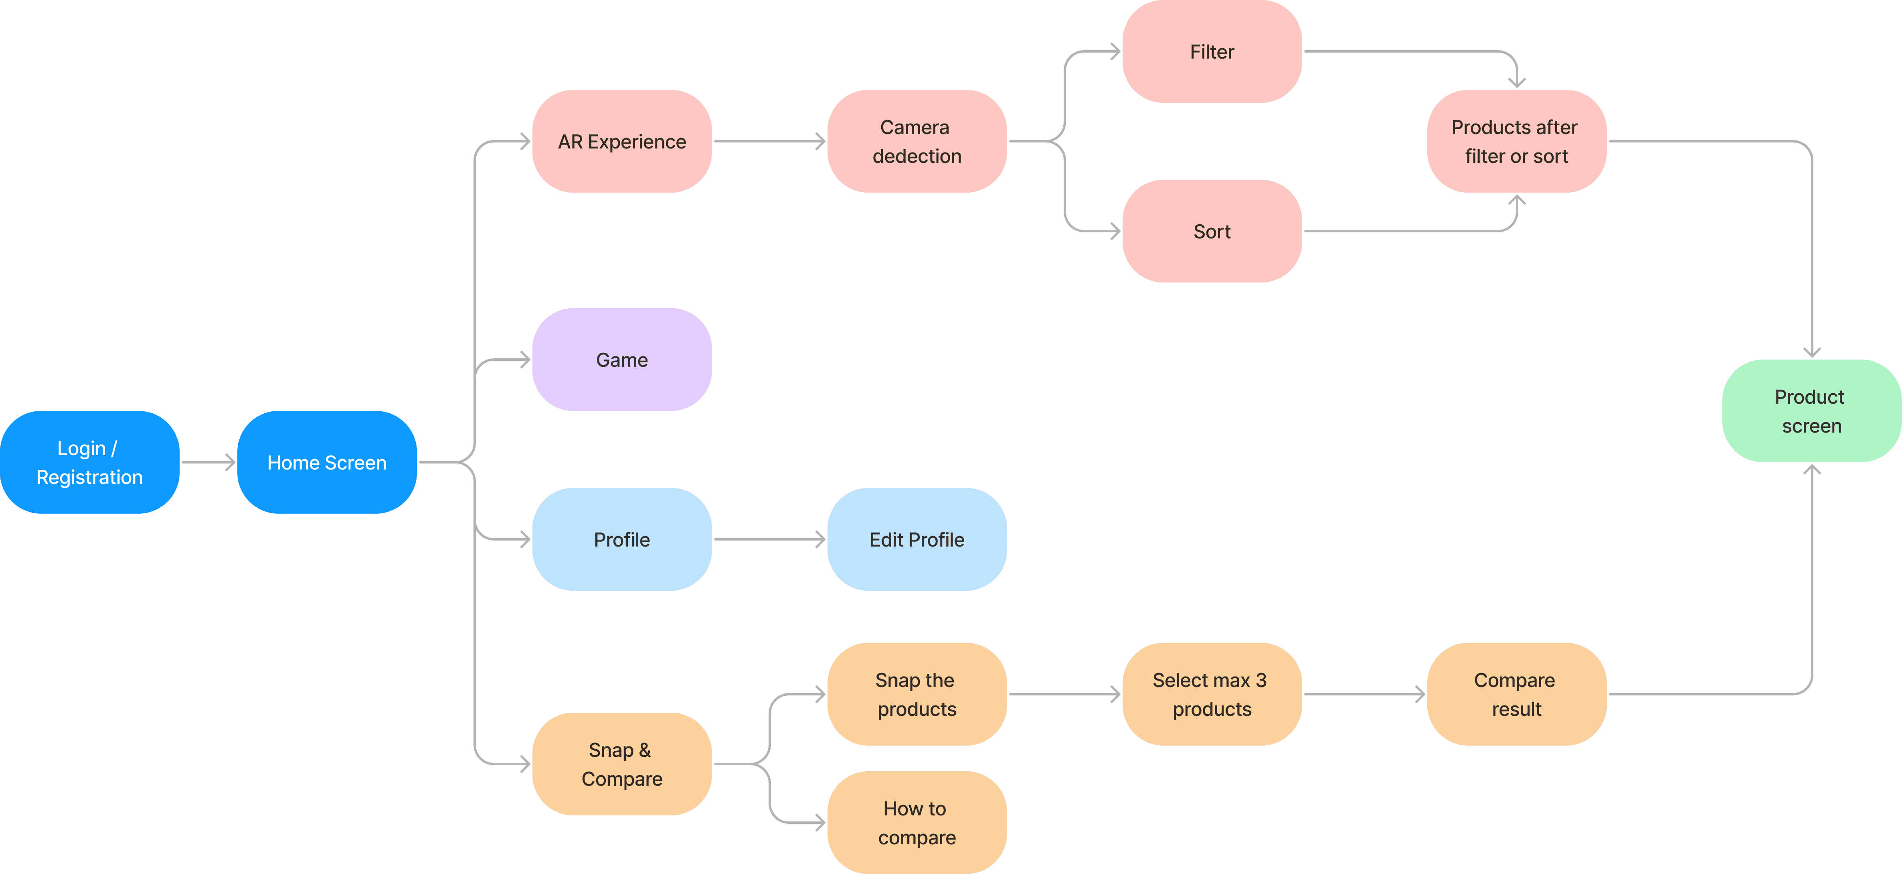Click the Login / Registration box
pyautogui.click(x=89, y=463)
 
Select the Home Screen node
pyautogui.click(x=327, y=463)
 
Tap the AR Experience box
pyautogui.click(x=622, y=141)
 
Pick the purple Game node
pyautogui.click(x=622, y=360)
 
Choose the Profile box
pyautogui.click(x=622, y=539)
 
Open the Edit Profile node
pyautogui.click(x=917, y=539)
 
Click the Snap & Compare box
pyautogui.click(x=622, y=764)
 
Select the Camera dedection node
pyautogui.click(x=917, y=141)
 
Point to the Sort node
pyautogui.click(x=1212, y=231)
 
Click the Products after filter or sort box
pyautogui.click(x=1517, y=141)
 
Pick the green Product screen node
pyautogui.click(x=1812, y=411)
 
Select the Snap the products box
pyautogui.click(x=917, y=695)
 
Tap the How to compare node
pyautogui.click(x=917, y=822)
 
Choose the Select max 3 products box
pyautogui.click(x=1212, y=695)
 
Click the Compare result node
pyautogui.click(x=1517, y=695)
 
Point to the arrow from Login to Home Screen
pyautogui.click(x=208, y=463)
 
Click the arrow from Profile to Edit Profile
pyautogui.click(x=769, y=539)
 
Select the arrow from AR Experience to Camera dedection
pyautogui.click(x=769, y=141)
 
